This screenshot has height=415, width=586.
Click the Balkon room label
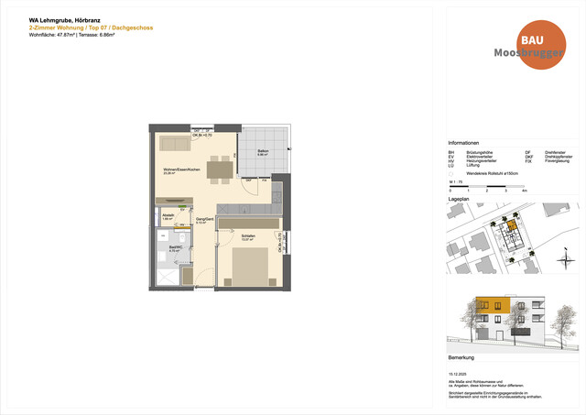pos(263,151)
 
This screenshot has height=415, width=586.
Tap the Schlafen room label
pos(247,235)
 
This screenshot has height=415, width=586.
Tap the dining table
pos(220,169)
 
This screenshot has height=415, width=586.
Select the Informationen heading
pos(463,144)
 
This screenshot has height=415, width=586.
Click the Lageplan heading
pos(458,199)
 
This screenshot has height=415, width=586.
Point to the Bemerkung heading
pos(461,356)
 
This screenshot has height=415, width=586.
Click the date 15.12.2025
pos(457,373)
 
